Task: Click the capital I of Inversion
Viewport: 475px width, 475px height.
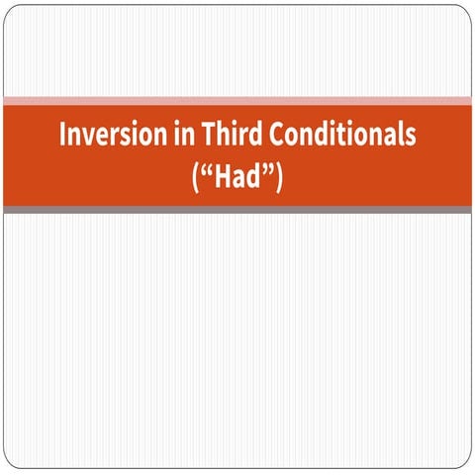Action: [x=62, y=135]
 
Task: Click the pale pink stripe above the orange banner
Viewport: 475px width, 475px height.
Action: [x=237, y=101]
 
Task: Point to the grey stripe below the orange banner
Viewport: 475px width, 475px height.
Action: [x=237, y=210]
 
